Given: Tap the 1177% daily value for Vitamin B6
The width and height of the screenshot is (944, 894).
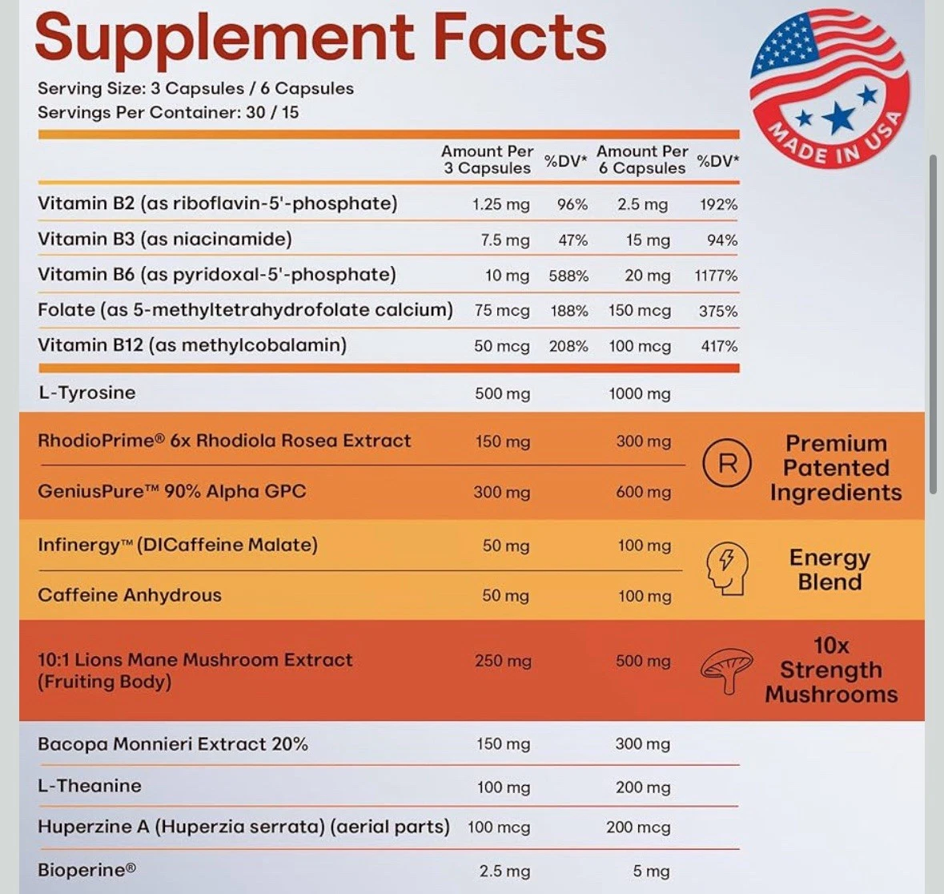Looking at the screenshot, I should [716, 276].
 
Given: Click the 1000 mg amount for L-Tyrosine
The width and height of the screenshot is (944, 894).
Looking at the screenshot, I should [639, 393].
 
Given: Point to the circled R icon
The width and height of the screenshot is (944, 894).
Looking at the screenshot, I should [727, 463].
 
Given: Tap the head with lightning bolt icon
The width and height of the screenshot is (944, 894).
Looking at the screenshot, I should [726, 567].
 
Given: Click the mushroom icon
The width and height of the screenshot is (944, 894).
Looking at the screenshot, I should [727, 670].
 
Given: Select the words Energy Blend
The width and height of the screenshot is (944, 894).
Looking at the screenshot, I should [830, 570].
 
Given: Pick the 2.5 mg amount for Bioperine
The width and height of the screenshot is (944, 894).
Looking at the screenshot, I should [504, 871].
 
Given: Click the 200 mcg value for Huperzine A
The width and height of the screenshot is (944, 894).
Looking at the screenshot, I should [638, 828].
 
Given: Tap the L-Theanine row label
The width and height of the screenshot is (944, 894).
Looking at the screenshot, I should [90, 786].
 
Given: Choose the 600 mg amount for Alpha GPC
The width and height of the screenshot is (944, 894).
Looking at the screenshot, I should [643, 493].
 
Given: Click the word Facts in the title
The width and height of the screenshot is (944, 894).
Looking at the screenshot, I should [520, 38].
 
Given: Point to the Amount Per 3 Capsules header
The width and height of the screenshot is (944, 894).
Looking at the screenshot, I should [487, 159].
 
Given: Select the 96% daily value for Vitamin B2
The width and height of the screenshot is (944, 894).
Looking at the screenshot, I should [572, 204].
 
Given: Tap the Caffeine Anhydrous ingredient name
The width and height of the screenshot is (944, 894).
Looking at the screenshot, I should [130, 595].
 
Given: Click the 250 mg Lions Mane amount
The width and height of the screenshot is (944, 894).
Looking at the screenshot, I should [503, 661].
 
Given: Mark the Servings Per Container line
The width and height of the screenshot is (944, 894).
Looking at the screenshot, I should [168, 112].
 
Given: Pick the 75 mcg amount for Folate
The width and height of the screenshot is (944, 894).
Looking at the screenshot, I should [502, 311].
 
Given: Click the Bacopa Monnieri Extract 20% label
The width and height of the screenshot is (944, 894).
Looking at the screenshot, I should [173, 743].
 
